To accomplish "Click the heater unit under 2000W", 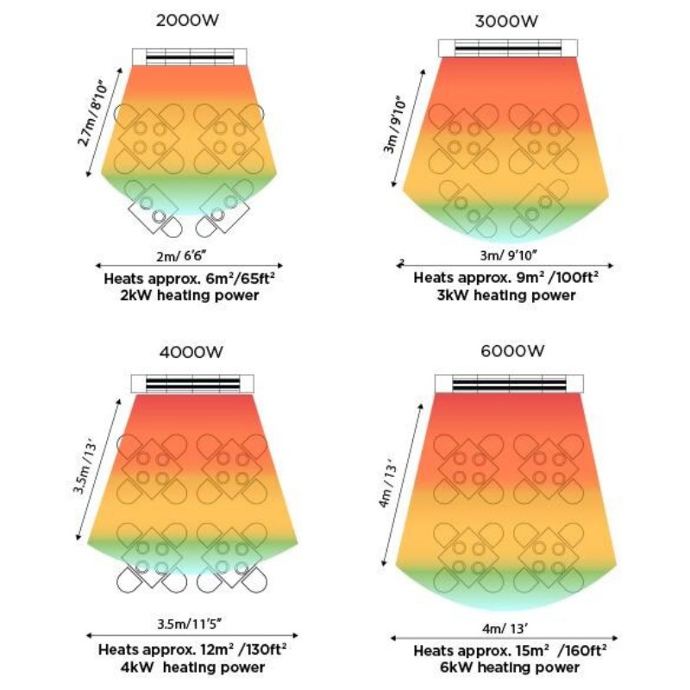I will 191,56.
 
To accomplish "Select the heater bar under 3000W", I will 507,48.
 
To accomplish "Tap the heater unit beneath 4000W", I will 191,384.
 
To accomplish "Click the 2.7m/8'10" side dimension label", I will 96,111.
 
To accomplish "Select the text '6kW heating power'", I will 509,667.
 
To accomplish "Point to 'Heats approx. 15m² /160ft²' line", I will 510,649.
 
